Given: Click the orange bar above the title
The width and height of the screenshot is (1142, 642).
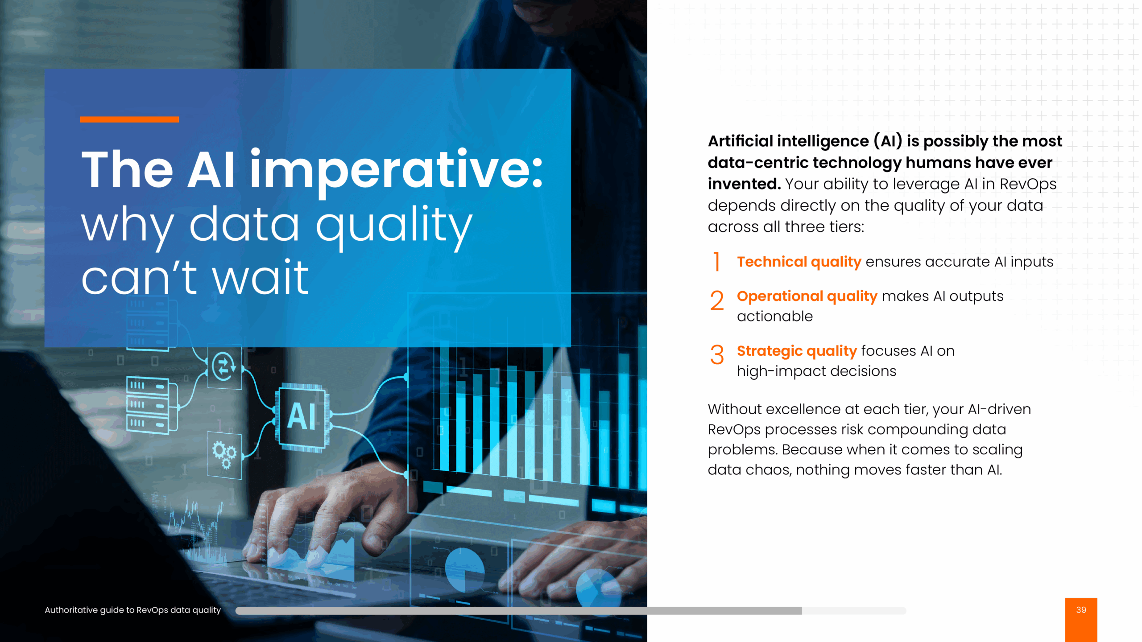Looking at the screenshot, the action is coord(129,119).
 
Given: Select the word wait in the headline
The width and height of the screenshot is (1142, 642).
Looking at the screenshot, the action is coord(261,278).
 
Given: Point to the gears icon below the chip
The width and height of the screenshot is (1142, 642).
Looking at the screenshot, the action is coord(224,454).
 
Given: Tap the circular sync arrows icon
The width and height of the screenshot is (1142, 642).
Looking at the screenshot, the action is coord(224,366).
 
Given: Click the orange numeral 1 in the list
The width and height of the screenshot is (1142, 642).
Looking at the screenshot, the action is coord(717,261).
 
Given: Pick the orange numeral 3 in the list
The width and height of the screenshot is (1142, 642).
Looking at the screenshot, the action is coord(717,355).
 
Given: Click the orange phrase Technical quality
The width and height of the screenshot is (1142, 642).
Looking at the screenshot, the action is coord(799,262).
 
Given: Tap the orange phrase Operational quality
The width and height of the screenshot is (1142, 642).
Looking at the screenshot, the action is coord(807,296).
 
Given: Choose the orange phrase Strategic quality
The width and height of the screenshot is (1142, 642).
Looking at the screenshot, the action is coord(797,351).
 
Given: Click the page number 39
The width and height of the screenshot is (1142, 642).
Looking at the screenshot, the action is coord(1081,609).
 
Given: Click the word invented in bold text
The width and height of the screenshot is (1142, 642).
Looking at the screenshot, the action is coord(744,184).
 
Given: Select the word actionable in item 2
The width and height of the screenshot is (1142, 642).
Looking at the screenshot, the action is coord(775,316).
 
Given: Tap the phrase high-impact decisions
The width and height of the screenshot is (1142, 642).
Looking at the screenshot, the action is coord(816,371).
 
